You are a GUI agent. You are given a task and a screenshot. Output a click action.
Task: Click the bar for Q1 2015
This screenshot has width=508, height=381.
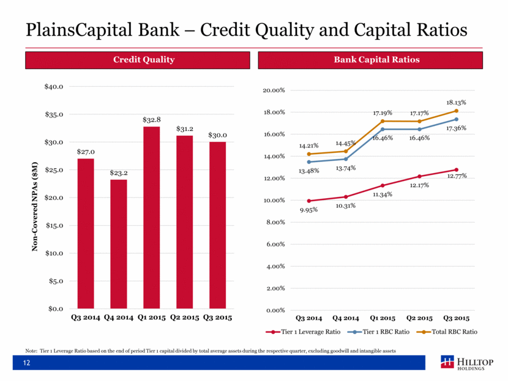(151, 217)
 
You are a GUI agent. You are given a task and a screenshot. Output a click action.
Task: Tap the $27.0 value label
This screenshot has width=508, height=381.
(86, 151)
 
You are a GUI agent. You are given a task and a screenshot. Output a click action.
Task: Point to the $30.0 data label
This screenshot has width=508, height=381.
(217, 135)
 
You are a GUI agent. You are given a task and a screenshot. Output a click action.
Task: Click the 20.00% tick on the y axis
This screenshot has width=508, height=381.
(274, 91)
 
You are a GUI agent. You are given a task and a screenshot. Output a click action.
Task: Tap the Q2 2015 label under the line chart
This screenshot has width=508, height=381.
(419, 318)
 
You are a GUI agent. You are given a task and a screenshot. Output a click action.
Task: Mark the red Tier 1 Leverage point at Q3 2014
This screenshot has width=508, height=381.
(309, 201)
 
